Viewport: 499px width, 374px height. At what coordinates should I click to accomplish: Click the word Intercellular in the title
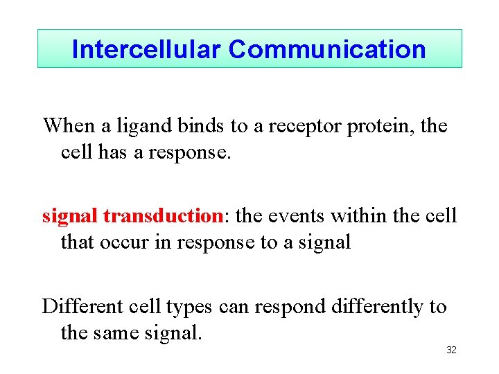tap(147, 49)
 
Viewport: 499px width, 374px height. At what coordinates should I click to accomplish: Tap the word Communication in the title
tap(327, 49)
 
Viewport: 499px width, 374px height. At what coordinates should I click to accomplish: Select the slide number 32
tap(451, 350)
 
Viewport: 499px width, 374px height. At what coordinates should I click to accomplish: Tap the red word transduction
tap(161, 216)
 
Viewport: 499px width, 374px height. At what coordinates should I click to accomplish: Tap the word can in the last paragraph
tap(235, 306)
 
